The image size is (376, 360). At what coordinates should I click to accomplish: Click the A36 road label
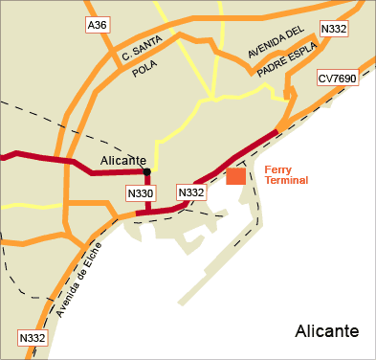pos(97,25)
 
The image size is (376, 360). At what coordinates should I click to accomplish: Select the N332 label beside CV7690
pos(333,29)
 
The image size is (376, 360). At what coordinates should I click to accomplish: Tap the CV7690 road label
pos(338,78)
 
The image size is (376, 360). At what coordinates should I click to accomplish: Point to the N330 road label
pos(140,193)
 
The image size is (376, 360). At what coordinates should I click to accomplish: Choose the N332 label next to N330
pos(191,193)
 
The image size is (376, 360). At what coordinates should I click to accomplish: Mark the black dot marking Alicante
pos(146,172)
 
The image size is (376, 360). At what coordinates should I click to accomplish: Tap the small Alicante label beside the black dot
pos(123,160)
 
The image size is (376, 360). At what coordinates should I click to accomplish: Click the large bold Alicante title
pos(327,331)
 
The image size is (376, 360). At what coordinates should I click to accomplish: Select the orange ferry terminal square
pos(236,176)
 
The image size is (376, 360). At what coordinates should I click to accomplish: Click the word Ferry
pos(277,169)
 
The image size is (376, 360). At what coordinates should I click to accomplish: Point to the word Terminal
pos(286,180)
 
